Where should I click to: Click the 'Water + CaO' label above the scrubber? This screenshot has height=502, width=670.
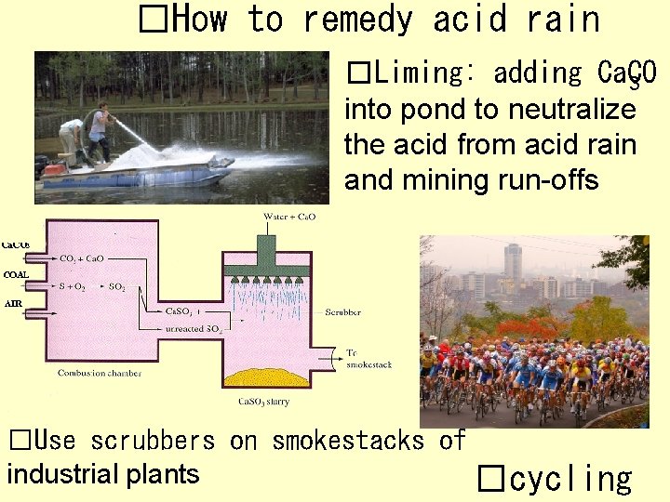point(289,217)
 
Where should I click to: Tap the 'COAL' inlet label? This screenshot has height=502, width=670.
point(16,275)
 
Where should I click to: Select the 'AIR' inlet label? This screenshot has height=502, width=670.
point(12,304)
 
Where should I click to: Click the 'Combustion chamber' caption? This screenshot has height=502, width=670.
point(99,373)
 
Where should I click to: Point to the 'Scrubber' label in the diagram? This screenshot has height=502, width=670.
point(342,312)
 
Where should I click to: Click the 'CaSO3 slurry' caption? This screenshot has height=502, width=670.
point(263,402)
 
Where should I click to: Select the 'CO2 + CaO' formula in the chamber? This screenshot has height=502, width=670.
point(82,258)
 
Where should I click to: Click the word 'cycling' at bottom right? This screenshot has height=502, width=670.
point(570,479)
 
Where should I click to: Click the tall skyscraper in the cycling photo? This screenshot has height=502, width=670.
point(513,265)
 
